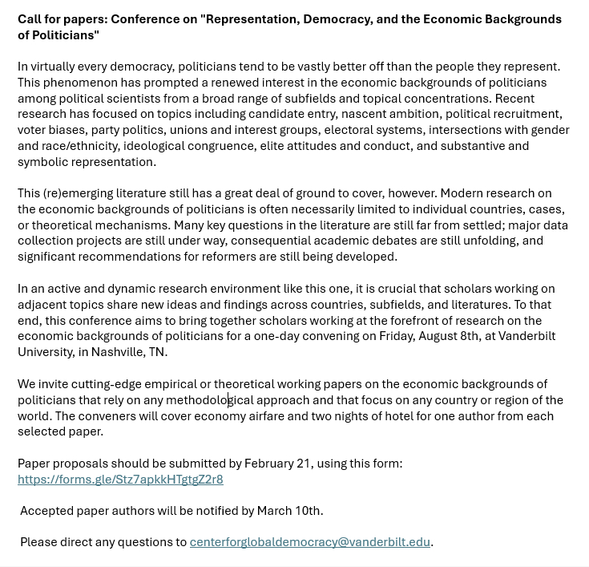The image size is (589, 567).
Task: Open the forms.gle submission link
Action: (x=120, y=480)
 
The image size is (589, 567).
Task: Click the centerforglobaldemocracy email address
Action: (x=309, y=542)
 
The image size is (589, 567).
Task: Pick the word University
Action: (x=44, y=352)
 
